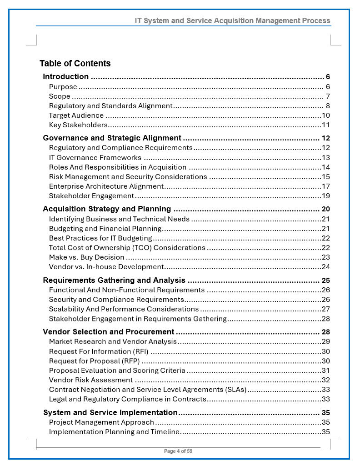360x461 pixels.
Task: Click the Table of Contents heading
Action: click(75, 63)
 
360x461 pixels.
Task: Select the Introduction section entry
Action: click(66, 76)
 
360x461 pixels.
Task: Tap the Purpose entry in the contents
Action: click(63, 87)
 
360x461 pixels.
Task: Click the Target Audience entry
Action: click(76, 115)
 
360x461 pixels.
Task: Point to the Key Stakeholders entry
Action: click(78, 125)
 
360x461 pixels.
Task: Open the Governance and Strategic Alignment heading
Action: click(112, 138)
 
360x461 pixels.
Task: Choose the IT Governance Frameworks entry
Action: click(95, 158)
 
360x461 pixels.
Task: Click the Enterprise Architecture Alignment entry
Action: click(106, 186)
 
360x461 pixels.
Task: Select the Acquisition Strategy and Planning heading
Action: click(107, 209)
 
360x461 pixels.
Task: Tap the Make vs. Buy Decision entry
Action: click(87, 257)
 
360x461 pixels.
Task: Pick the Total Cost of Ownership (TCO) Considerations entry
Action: click(127, 248)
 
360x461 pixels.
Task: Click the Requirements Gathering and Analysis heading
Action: click(114, 281)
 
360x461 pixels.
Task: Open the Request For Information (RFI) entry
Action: click(99, 351)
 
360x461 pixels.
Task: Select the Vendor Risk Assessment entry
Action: click(91, 380)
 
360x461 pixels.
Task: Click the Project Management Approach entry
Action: click(102, 422)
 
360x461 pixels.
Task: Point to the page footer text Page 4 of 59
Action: click(178, 451)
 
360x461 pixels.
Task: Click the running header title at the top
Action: click(232, 21)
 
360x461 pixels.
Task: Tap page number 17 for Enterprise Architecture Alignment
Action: click(325, 186)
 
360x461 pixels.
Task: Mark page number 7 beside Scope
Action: click(328, 96)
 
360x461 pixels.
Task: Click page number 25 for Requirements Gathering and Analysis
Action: click(325, 281)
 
